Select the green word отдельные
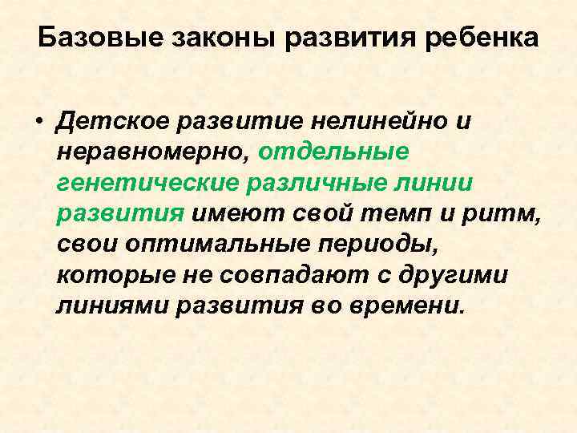pos(336,153)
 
